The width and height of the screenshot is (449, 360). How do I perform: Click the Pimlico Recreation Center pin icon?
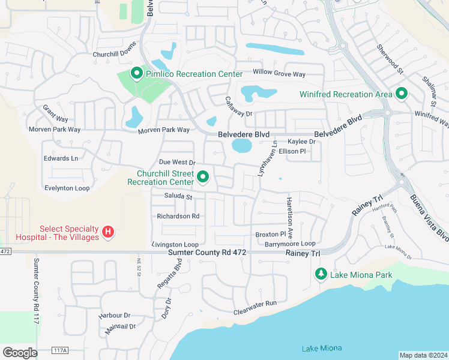[x=136, y=74]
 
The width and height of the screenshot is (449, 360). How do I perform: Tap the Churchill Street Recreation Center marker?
[x=203, y=177]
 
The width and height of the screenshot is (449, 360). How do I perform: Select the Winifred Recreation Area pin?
[x=400, y=94]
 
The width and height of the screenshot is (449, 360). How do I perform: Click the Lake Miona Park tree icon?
[x=321, y=274]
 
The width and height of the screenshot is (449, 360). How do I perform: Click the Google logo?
[x=20, y=352]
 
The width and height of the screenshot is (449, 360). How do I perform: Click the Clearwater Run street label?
[x=255, y=304]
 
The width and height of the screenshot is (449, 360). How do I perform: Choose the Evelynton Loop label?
[x=67, y=188]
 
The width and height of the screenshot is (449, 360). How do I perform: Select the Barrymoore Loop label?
[x=290, y=244]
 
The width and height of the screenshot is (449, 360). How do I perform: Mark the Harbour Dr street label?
[x=114, y=315]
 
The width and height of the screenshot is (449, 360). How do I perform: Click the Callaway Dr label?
[x=238, y=106]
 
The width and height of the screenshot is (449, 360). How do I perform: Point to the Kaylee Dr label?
[x=301, y=142]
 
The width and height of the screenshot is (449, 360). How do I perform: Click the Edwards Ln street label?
[x=61, y=158]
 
